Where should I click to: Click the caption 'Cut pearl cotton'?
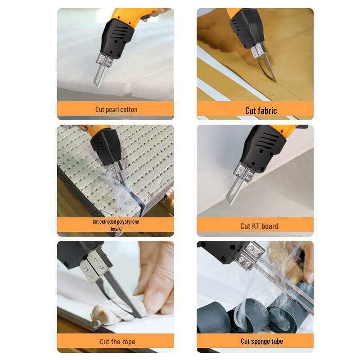[116, 109]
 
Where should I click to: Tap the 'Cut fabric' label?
[261, 110]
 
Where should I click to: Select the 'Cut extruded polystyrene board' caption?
[116, 225]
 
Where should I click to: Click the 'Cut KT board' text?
[259, 226]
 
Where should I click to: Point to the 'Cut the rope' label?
[117, 342]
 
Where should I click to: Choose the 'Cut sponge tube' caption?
[261, 341]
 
